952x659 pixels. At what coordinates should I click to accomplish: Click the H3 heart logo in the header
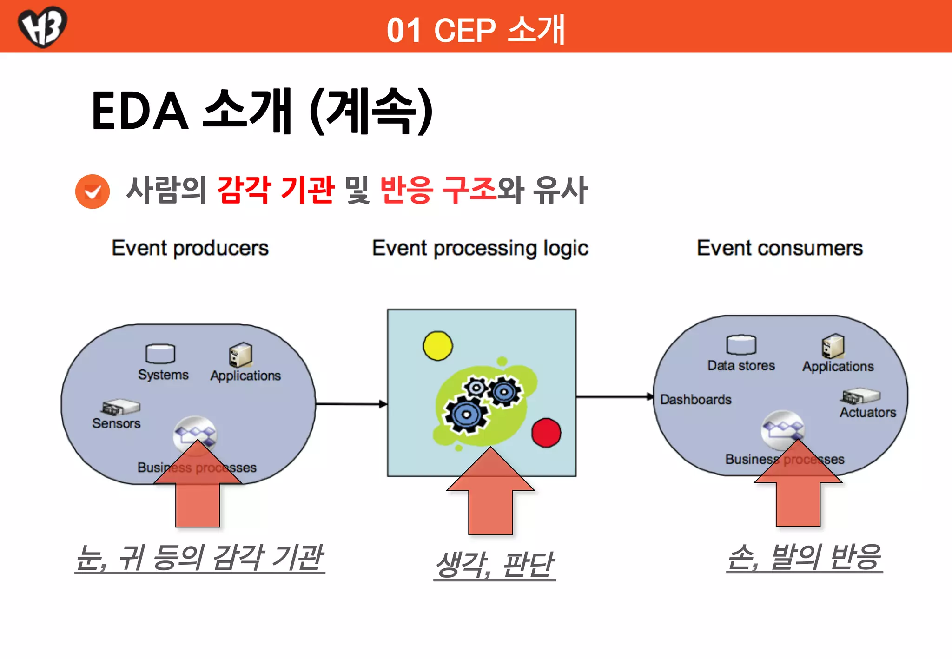(x=42, y=26)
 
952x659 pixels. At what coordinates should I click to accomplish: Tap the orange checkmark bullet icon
(x=93, y=191)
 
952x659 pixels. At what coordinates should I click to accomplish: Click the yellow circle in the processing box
(x=437, y=346)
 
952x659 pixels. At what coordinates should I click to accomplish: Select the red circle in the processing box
(x=546, y=433)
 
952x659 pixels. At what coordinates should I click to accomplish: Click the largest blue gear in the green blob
(x=466, y=415)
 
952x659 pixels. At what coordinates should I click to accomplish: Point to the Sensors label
(x=116, y=423)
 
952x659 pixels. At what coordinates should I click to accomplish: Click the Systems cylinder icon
(x=160, y=354)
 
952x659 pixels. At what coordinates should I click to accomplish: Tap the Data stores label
(x=741, y=366)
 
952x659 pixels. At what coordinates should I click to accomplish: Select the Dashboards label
(x=695, y=400)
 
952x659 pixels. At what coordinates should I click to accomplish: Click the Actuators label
(x=867, y=413)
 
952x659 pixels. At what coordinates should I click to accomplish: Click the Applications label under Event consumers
(x=838, y=367)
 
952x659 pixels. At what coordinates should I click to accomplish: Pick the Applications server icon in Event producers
(x=240, y=356)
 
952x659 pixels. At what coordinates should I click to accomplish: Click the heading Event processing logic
(x=480, y=249)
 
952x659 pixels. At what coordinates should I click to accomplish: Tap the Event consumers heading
(x=780, y=248)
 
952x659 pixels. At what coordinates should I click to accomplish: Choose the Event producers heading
(x=190, y=248)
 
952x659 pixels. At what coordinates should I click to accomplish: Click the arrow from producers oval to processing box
(x=351, y=404)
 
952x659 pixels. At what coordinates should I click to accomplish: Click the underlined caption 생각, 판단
(x=495, y=565)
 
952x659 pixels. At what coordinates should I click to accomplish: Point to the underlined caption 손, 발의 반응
(x=804, y=557)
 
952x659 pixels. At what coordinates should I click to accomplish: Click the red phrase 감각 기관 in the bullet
(x=276, y=190)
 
